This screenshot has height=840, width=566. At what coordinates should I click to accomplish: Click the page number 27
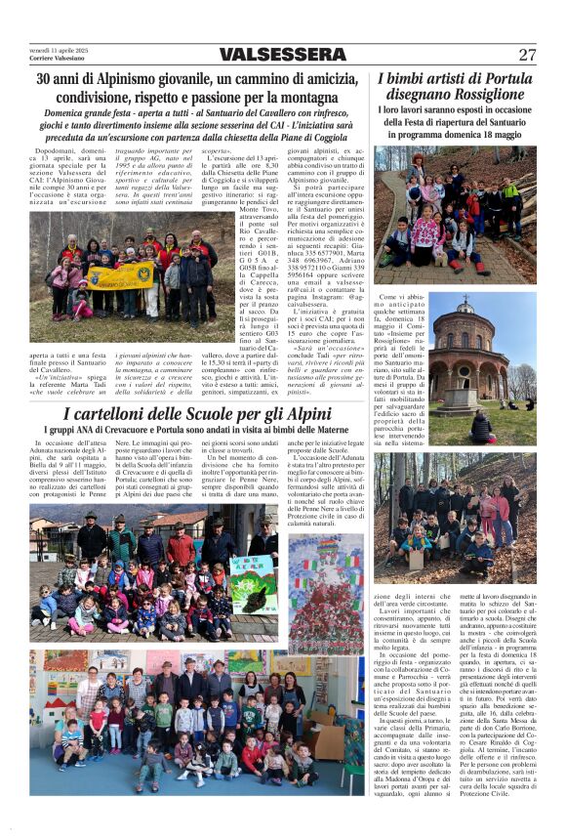(527, 55)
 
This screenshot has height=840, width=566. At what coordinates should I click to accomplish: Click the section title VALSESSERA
(283, 55)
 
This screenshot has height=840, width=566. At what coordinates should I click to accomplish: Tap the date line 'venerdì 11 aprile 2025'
(59, 50)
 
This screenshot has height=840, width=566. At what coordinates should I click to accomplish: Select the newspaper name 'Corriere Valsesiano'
(56, 59)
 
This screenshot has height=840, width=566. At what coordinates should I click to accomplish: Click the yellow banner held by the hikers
(121, 274)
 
